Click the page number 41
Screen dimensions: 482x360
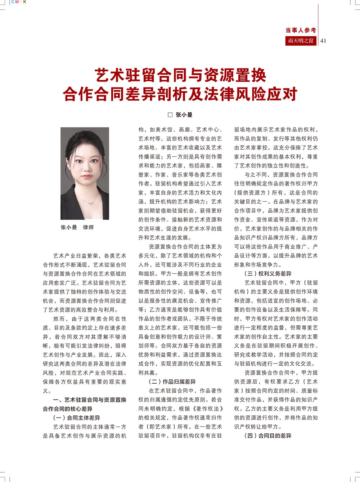tap(323, 41)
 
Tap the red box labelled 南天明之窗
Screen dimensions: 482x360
tap(301, 41)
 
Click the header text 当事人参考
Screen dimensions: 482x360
tap(301, 30)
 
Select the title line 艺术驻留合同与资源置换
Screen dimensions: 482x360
tap(181, 75)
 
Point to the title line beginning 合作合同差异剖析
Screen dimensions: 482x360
tap(180, 94)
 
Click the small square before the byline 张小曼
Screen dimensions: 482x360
tap(170, 115)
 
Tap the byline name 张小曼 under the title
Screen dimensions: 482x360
tap(184, 115)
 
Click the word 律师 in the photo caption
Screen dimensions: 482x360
tap(88, 227)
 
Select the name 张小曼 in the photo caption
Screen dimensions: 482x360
tap(69, 227)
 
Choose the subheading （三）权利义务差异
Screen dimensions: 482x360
tap(268, 274)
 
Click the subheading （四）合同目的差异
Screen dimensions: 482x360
tap(268, 436)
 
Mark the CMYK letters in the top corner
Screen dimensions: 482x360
tap(19, 2)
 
